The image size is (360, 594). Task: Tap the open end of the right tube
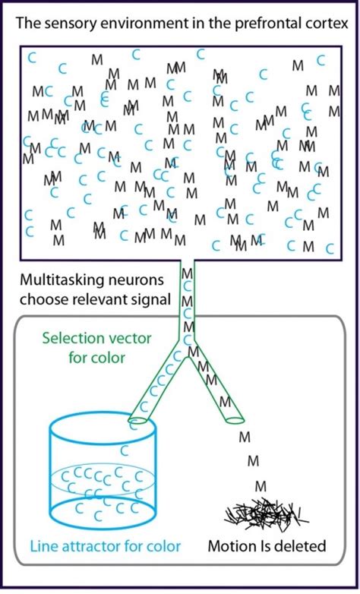coord(234,417)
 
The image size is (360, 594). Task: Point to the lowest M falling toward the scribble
coord(261,485)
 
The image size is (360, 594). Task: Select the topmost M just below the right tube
coord(244,437)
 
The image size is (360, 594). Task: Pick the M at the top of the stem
coord(187,273)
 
